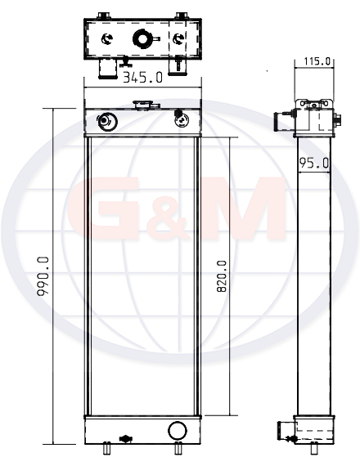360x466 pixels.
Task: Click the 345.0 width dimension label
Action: pyautogui.click(x=143, y=78)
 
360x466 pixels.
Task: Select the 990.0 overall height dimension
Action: pyautogui.click(x=43, y=276)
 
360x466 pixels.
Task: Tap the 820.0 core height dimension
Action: pyautogui.click(x=222, y=276)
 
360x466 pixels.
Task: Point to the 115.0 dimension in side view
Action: pyautogui.click(x=317, y=61)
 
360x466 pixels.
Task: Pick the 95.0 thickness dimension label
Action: pyautogui.click(x=314, y=163)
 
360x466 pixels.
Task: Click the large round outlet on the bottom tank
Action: pyautogui.click(x=178, y=430)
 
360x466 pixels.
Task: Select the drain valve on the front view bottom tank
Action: pyautogui.click(x=125, y=439)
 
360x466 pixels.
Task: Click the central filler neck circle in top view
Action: pyautogui.click(x=143, y=38)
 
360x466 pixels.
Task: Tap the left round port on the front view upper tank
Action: pyautogui.click(x=106, y=121)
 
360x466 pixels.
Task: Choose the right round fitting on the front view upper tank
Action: pyautogui.click(x=181, y=119)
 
